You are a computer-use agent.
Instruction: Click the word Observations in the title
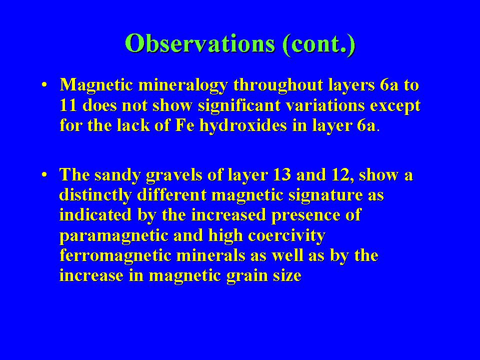[x=200, y=43]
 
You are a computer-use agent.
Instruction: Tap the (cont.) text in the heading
[x=319, y=44]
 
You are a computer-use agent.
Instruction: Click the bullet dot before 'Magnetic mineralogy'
[x=44, y=84]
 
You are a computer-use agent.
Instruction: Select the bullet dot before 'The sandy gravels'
[x=44, y=175]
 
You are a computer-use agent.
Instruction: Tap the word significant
[x=239, y=106]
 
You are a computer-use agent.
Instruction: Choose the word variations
[x=325, y=105]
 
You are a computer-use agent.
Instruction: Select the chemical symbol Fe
[x=185, y=125]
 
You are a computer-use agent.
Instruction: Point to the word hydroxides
[x=243, y=125]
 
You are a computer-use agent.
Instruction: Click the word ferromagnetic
[x=115, y=256]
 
